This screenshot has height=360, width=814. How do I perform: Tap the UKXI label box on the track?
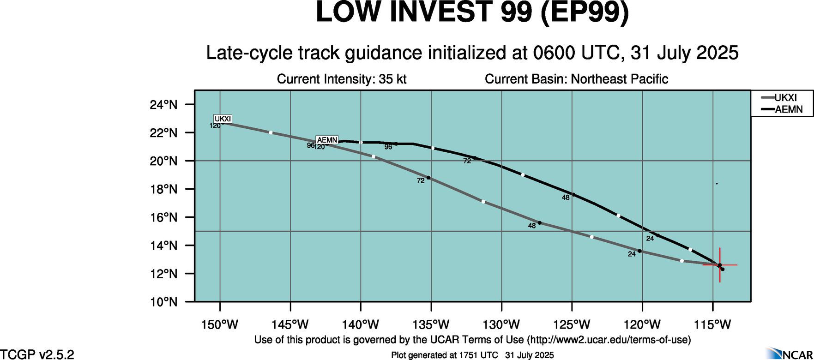click(223, 119)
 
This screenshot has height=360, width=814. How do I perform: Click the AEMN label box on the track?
click(327, 140)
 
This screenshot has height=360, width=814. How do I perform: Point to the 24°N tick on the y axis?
click(163, 105)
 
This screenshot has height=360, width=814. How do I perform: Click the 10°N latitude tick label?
click(163, 302)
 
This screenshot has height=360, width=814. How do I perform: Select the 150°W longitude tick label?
click(220, 325)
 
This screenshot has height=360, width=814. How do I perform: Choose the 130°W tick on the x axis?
click(502, 325)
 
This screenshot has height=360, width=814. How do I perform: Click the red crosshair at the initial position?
click(720, 265)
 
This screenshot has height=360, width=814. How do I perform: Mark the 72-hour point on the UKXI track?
click(428, 178)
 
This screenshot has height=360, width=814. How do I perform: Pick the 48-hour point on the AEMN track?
click(573, 194)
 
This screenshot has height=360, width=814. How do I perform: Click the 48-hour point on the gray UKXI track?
click(539, 223)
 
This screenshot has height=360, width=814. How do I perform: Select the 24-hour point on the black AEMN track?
click(658, 235)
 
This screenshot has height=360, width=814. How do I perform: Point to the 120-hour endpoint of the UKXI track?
click(223, 123)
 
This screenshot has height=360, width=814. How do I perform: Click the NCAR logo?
click(789, 354)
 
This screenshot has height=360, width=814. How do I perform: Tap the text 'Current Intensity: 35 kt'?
click(342, 79)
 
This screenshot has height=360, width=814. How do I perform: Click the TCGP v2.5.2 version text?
click(37, 354)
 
